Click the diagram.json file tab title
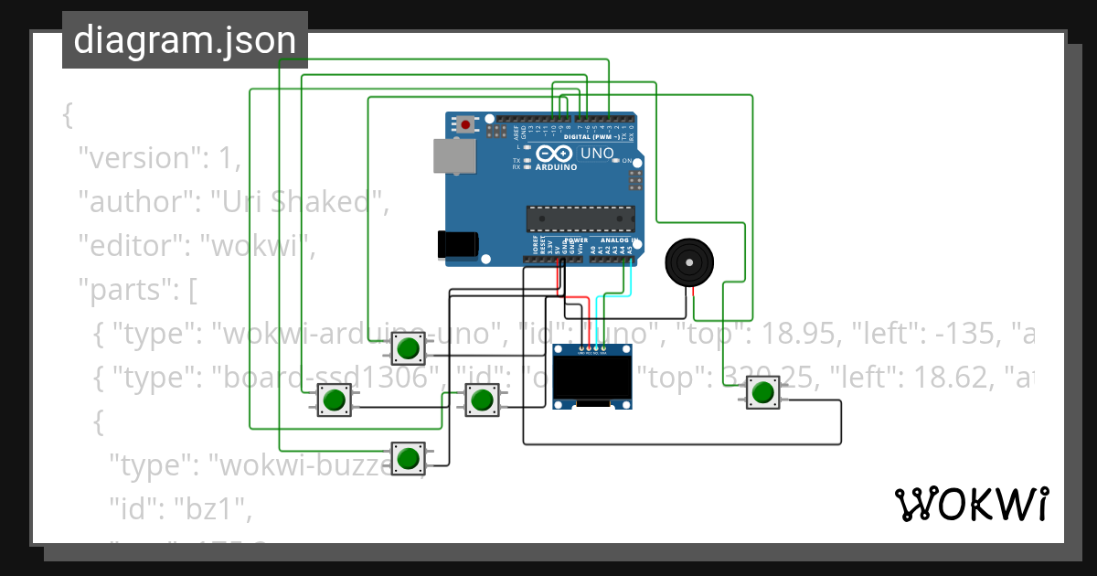185,40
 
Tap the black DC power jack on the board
458,244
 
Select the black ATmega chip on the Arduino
580,219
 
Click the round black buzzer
688,261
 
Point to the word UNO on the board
598,154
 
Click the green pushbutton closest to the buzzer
762,393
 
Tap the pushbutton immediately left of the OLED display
482,400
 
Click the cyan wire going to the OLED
611,296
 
